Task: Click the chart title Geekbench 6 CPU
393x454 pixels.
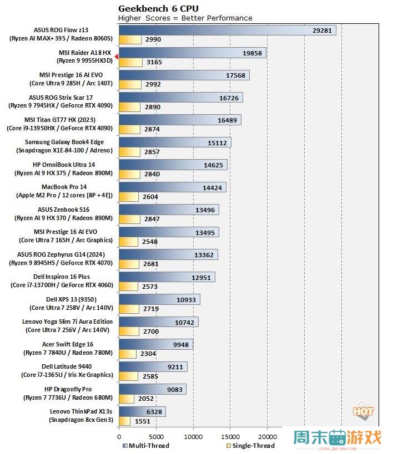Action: [x=158, y=8]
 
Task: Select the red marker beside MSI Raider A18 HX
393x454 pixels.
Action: [x=116, y=57]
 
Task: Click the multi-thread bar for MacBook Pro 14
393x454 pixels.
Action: [x=172, y=187]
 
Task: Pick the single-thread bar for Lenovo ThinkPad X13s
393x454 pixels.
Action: [x=124, y=421]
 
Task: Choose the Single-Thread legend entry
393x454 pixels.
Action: [x=252, y=446]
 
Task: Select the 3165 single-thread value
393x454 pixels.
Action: [x=154, y=62]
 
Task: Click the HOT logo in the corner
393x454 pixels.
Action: [x=363, y=412]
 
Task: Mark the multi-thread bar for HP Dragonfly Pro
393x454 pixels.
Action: [x=152, y=389]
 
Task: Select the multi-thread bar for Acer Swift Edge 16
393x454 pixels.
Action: [x=155, y=344]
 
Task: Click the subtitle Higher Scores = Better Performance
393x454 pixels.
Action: [x=185, y=18]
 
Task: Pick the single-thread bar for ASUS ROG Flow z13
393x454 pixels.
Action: [x=130, y=39]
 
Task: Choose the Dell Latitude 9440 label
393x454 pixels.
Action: [x=67, y=366]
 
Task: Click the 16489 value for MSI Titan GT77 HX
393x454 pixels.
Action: [x=228, y=120]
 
